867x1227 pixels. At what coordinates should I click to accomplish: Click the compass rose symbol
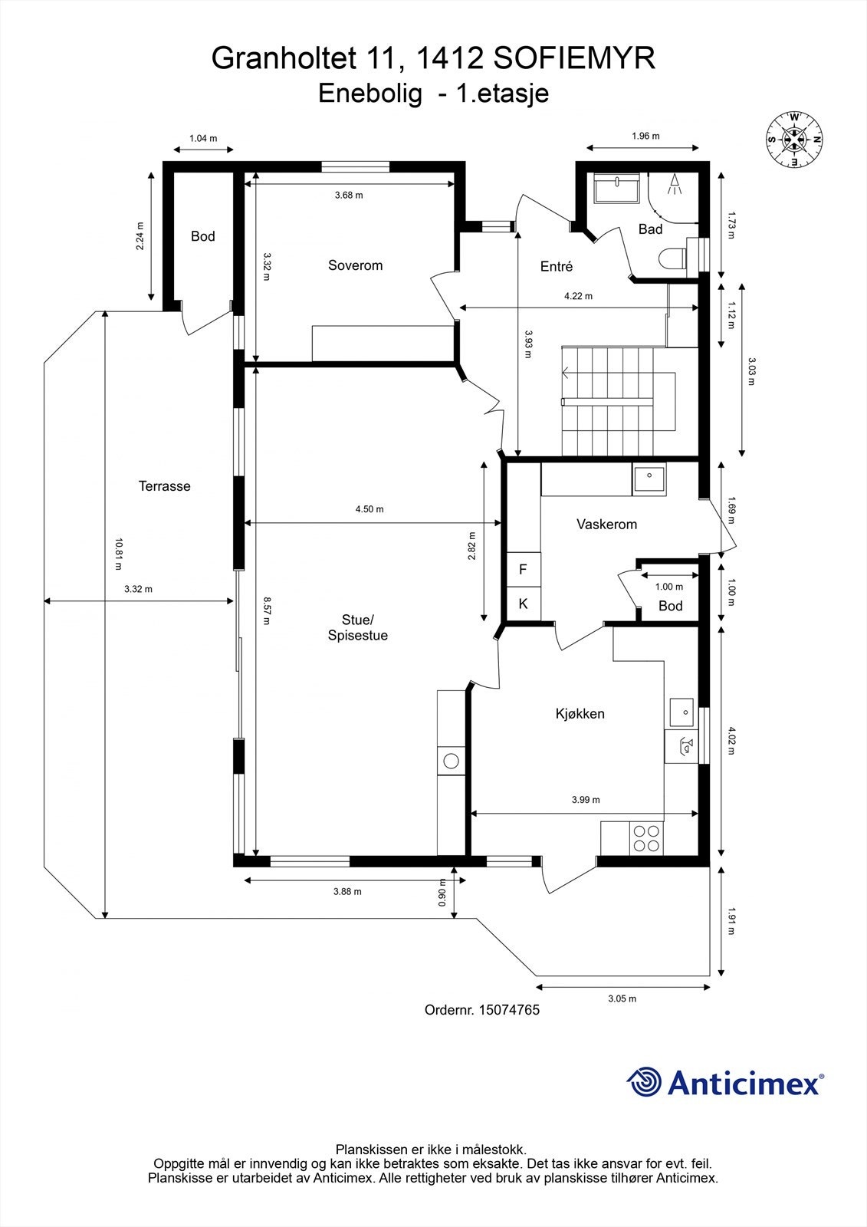(x=795, y=139)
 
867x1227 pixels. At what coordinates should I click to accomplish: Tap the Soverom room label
(x=355, y=265)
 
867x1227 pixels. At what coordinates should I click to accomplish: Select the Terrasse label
(x=164, y=486)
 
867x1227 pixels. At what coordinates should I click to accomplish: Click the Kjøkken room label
(x=580, y=714)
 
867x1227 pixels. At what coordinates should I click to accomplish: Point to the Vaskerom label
(x=607, y=525)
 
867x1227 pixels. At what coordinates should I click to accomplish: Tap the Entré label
(x=557, y=266)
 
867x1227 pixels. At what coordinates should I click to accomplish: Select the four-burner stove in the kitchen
(x=646, y=839)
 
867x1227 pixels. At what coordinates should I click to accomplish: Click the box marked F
(x=524, y=569)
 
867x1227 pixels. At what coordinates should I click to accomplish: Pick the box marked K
(x=524, y=604)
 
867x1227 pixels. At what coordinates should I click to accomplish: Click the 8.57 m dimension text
(x=266, y=610)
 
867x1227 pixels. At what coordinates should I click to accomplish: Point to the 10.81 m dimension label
(x=118, y=554)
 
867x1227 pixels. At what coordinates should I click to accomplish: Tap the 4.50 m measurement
(x=369, y=509)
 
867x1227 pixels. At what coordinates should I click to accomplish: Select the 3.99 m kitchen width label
(x=586, y=800)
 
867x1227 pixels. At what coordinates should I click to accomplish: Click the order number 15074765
(x=509, y=1009)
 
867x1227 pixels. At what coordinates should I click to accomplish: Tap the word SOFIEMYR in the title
(x=574, y=58)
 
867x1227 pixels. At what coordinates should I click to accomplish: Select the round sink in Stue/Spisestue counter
(x=451, y=761)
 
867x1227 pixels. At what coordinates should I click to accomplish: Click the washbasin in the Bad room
(x=617, y=188)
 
